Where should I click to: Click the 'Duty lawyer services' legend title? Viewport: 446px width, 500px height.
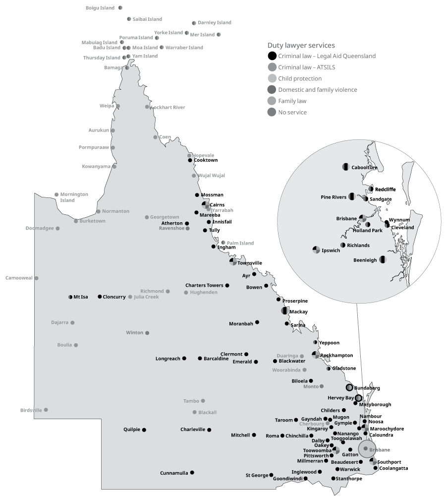(x=301, y=45)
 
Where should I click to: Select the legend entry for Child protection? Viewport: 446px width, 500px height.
(x=300, y=78)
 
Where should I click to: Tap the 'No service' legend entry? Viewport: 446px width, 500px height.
(x=292, y=112)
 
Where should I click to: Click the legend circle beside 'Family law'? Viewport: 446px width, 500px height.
(x=272, y=101)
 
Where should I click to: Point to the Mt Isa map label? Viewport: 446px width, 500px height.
(x=81, y=297)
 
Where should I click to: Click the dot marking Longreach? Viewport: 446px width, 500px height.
(x=184, y=358)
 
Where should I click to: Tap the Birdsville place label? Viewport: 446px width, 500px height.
(x=31, y=410)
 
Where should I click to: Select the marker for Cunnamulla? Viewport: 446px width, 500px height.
(x=192, y=473)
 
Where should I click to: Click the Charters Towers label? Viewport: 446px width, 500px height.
(x=204, y=285)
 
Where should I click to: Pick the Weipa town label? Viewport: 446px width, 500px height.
(x=107, y=106)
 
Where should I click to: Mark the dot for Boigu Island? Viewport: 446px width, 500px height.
(x=120, y=8)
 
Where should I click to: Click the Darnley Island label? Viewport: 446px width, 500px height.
(x=214, y=23)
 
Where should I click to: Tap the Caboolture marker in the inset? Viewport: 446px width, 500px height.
(x=346, y=167)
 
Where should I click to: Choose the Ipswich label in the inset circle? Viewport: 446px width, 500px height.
(x=331, y=250)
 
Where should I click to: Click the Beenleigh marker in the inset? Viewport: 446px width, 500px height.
(x=383, y=259)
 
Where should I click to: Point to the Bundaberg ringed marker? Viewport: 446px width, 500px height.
(x=349, y=387)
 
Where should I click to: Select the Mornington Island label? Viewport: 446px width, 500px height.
(x=74, y=197)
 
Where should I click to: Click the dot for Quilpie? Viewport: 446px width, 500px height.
(x=145, y=430)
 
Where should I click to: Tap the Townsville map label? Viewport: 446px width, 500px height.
(x=250, y=263)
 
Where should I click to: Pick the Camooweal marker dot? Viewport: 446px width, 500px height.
(x=36, y=278)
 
